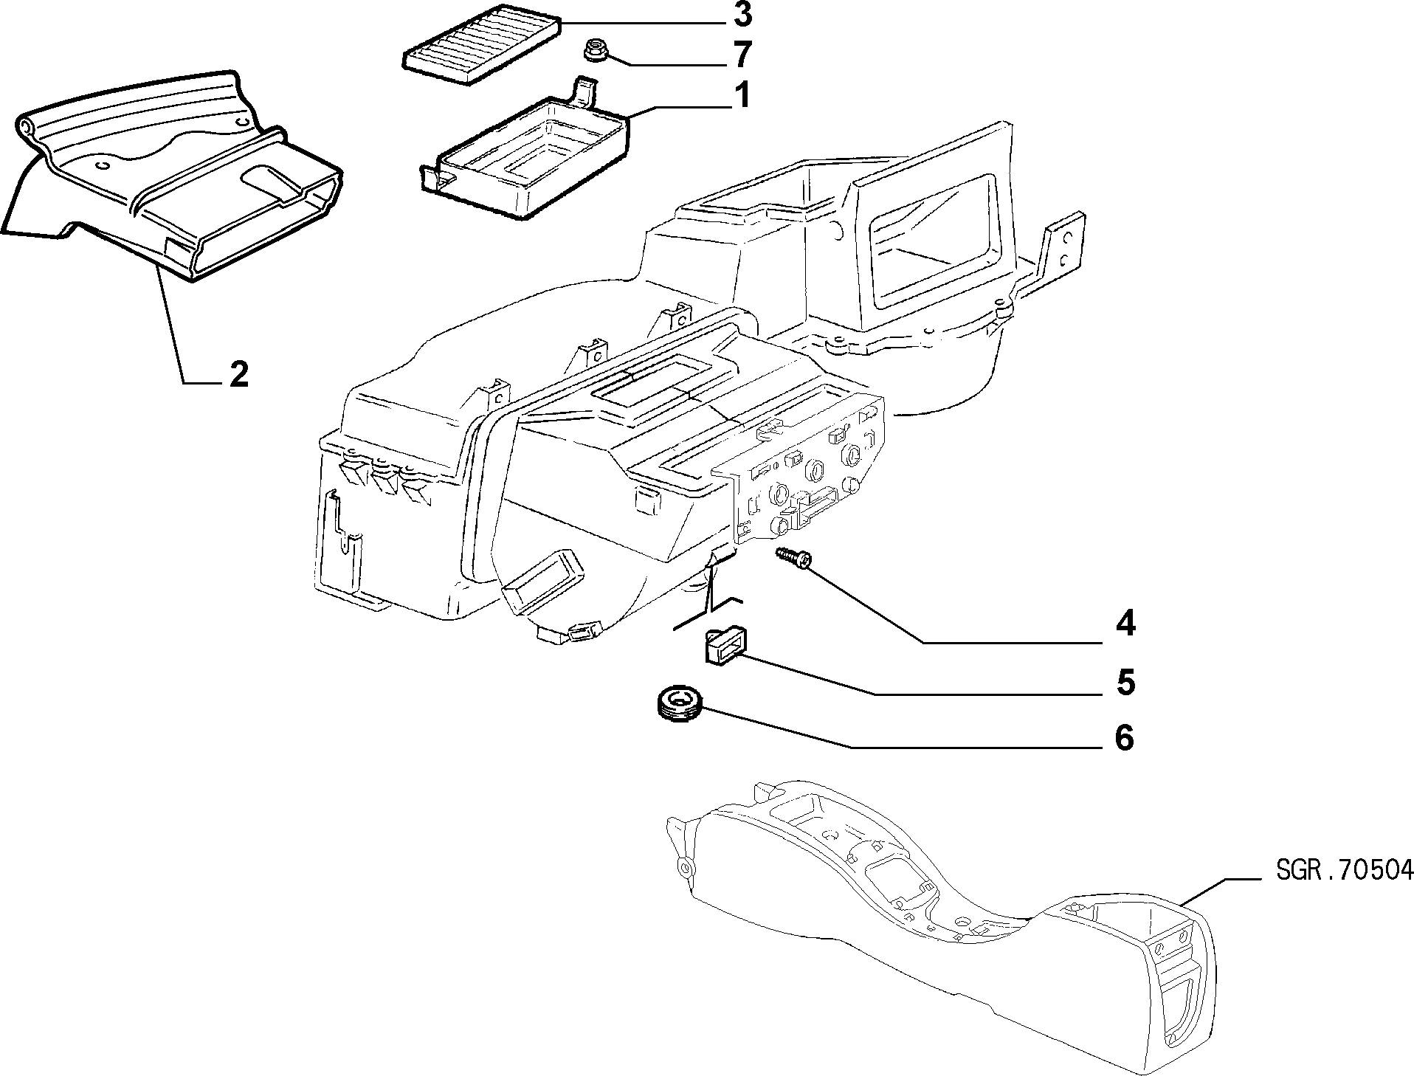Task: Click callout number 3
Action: pyautogui.click(x=742, y=15)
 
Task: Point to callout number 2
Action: pyautogui.click(x=238, y=375)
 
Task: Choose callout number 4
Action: pyautogui.click(x=1125, y=625)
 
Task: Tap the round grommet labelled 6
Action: pyautogui.click(x=679, y=703)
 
